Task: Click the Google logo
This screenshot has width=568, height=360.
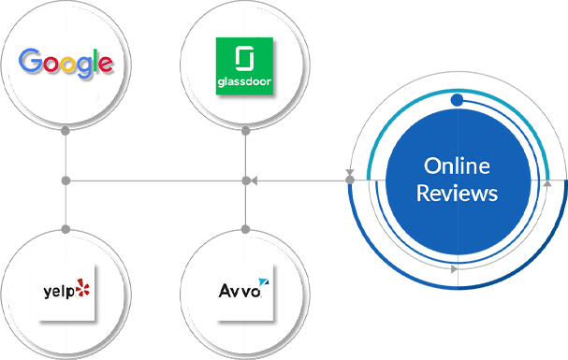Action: pos(66,63)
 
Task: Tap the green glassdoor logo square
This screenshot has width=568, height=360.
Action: pos(244,65)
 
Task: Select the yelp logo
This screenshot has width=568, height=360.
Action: pos(66,291)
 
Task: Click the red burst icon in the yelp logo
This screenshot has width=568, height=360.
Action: pos(84,289)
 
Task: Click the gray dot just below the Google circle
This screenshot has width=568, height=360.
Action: pos(66,132)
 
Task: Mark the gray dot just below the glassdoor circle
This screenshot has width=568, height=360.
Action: pos(244,132)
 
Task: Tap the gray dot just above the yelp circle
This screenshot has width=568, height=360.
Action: pos(66,227)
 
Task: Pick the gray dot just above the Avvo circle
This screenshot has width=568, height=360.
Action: pos(244,227)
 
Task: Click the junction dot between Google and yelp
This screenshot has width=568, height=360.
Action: pos(66,180)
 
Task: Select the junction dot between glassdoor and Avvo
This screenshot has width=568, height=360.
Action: pos(244,180)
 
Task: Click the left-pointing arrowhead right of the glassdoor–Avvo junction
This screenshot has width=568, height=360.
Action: pos(255,180)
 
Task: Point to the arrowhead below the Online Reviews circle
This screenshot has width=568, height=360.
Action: pos(455,269)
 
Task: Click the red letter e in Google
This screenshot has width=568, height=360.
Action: pos(106,65)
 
